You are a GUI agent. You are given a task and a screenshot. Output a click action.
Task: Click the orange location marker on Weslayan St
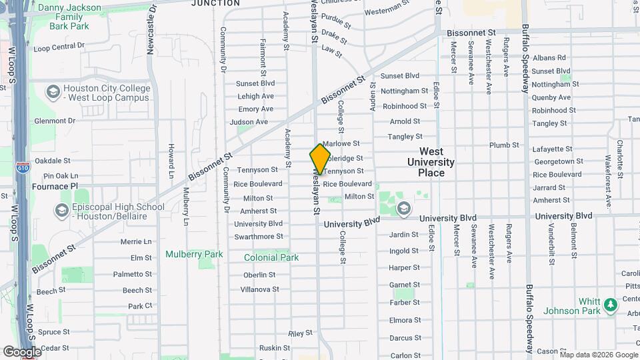[x=320, y=159]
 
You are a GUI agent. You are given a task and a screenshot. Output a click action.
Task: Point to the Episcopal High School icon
[x=62, y=211]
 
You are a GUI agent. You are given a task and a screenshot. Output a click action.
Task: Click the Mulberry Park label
[x=194, y=254]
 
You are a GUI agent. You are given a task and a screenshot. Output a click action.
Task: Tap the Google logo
[x=22, y=351]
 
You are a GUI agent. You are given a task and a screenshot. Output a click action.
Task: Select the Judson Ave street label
[x=249, y=122]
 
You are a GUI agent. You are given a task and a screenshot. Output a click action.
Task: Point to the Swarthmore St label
[x=259, y=237]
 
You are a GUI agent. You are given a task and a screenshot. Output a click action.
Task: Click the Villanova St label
[x=259, y=289]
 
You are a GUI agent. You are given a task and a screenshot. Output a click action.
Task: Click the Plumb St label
[x=504, y=145]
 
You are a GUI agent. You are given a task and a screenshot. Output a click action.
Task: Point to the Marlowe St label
[x=341, y=143]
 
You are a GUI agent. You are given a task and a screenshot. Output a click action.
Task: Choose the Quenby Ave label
[x=548, y=97]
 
